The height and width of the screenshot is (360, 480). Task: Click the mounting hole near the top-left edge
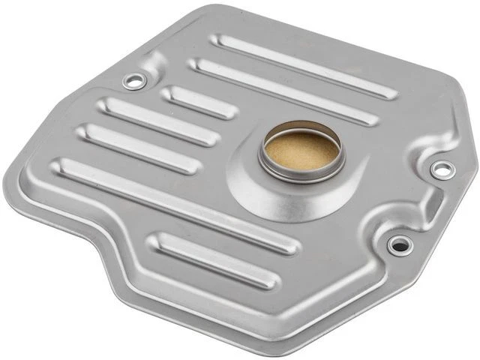click(134, 81)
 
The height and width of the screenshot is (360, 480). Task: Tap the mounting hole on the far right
click(442, 169)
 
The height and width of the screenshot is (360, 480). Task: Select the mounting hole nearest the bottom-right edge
click(400, 244)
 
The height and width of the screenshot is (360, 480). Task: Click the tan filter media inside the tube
click(301, 150)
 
